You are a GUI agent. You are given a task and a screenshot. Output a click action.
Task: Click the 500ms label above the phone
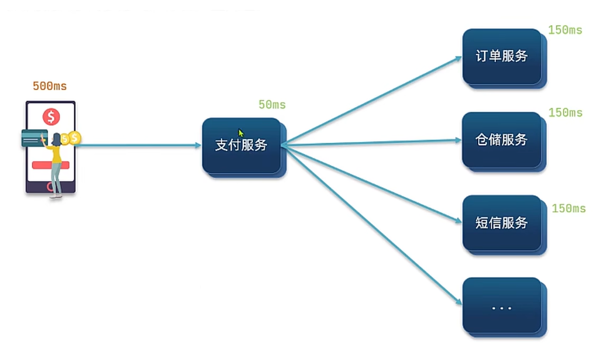pos(49,86)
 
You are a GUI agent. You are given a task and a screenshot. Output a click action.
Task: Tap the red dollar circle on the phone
pos(51,116)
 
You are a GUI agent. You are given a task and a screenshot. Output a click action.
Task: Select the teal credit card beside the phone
pos(31,138)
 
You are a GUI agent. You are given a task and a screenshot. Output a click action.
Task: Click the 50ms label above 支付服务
pos(272,105)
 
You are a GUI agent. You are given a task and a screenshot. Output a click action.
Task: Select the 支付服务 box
pos(242,145)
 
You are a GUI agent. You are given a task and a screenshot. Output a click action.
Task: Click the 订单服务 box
pos(501,56)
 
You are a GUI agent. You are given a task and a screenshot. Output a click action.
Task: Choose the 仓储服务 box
pos(501,140)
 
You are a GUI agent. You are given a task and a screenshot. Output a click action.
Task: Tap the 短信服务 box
pos(501,223)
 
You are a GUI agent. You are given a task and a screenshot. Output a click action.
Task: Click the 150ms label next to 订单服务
pos(565,30)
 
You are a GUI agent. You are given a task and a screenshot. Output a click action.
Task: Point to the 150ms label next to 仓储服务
pos(565,113)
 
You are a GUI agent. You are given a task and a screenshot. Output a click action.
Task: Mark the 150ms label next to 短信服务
pos(568,208)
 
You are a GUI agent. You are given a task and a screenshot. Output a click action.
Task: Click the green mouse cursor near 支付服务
pos(241,133)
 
